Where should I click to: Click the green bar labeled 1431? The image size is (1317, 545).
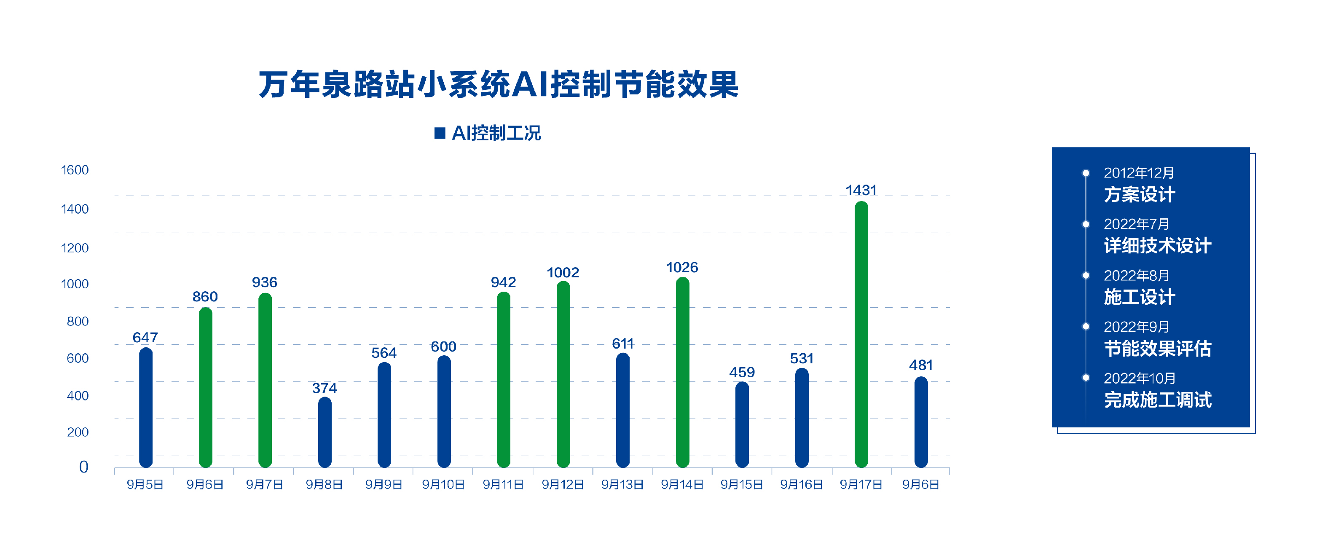pos(861,335)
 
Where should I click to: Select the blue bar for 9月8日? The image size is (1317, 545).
pos(325,432)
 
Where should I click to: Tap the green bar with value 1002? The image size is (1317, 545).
pos(563,375)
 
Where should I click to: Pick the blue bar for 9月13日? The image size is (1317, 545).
pos(623,411)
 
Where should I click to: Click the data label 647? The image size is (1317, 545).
pos(145,338)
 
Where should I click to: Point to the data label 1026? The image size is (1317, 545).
pos(682,267)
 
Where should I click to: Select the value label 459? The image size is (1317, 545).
pos(742,372)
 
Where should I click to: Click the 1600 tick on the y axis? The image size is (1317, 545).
pos(75,170)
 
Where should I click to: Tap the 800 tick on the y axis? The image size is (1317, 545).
pos(78,322)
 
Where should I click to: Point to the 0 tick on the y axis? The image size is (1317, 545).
pos(84,467)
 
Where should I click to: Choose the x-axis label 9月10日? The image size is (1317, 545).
pos(443,485)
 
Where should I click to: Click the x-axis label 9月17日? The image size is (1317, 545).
pos(861,485)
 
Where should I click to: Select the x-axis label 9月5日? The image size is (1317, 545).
pos(145,485)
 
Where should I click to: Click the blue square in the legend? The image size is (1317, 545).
pos(440,134)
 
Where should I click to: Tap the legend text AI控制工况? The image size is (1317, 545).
pos(496,134)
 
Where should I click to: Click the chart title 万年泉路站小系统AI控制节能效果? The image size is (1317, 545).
pos(499,84)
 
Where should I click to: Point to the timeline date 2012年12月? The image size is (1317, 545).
pos(1139,173)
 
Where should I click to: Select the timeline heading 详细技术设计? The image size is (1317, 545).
pos(1158,246)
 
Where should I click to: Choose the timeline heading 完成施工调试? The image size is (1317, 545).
pos(1158,400)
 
